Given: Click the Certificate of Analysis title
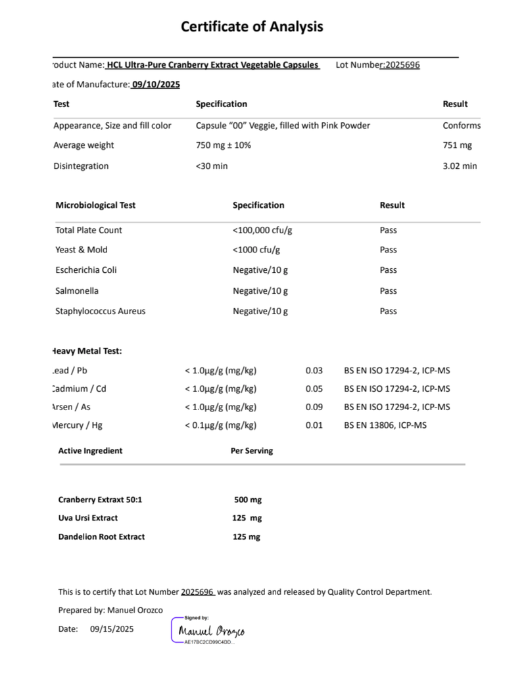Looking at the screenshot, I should tap(252, 27).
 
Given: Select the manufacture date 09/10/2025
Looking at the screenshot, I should tap(156, 84).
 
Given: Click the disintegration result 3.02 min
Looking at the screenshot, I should tap(460, 166).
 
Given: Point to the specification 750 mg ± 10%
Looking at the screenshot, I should tap(223, 145).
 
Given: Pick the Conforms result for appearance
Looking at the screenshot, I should tap(461, 126).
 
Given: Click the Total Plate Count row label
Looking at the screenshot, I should tap(89, 230).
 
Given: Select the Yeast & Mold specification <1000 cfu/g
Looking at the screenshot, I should tap(256, 250).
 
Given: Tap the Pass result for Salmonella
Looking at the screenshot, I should tap(388, 291).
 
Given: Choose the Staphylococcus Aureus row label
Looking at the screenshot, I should tap(101, 311).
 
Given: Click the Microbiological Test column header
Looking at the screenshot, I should tap(95, 205).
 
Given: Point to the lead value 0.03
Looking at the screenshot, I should tap(314, 371).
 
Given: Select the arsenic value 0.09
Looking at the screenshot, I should tap(314, 407).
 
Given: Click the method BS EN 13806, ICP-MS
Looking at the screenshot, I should tap(385, 425).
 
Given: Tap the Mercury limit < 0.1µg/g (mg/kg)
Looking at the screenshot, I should tap(220, 425).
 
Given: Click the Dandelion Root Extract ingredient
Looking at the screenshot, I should tap(101, 536).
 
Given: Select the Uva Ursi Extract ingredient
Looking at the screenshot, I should tap(88, 518).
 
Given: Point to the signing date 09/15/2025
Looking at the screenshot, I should tap(112, 629).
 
